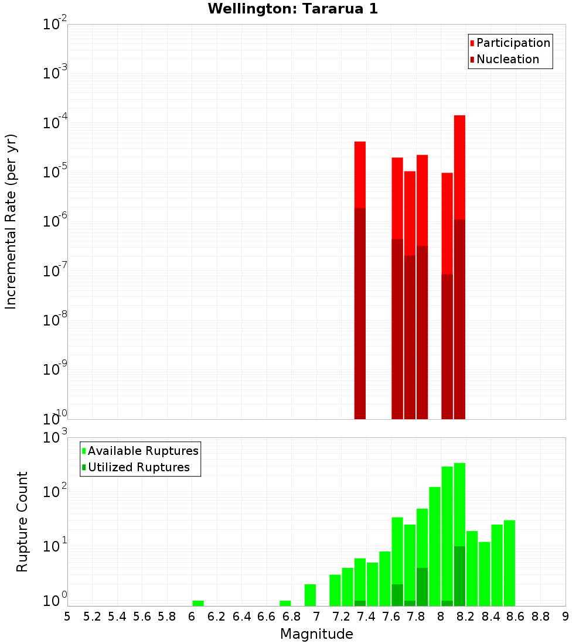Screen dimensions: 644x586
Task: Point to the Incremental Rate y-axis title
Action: point(11,221)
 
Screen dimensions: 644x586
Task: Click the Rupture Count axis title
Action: point(22,522)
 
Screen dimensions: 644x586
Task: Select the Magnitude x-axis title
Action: point(316,634)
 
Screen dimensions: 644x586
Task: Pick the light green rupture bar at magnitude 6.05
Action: point(198,603)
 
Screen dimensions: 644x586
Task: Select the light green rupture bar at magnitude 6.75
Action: point(285,603)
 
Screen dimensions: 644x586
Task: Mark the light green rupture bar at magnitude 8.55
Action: point(509,563)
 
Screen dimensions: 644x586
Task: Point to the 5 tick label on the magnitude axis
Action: point(67,616)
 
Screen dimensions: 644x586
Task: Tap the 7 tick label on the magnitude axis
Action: point(316,616)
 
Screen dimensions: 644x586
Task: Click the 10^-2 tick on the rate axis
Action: point(55,25)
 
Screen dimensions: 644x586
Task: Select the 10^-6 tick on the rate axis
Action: point(55,222)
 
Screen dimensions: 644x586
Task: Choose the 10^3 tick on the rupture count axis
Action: point(55,438)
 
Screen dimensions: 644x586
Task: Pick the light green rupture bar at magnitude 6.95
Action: point(310,595)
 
